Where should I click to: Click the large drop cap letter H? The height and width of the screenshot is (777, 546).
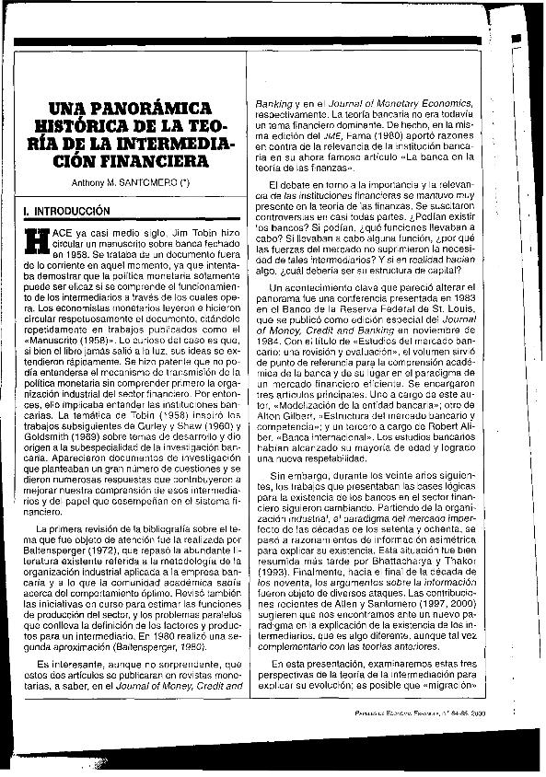pyautogui.click(x=34, y=242)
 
